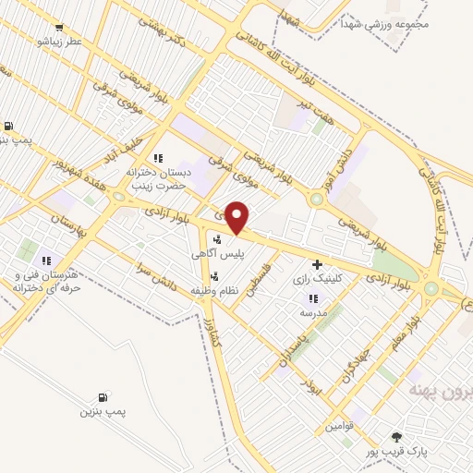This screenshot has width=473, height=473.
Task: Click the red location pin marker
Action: coord(238,218)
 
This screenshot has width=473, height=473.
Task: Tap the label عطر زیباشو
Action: coord(59,42)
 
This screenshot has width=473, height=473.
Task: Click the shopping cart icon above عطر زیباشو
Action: coord(60,28)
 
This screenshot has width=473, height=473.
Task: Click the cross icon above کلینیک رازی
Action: coord(318,264)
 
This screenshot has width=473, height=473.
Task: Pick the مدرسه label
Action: coord(313,312)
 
